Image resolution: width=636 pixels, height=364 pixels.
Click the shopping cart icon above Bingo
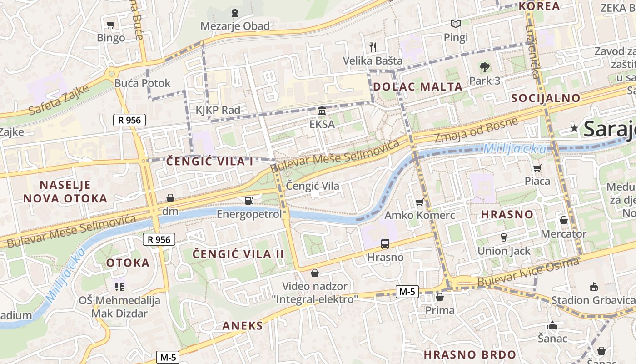click(110, 25)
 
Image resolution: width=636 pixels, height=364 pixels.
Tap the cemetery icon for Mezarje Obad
click(234, 13)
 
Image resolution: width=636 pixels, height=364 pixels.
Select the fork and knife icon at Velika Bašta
click(373, 46)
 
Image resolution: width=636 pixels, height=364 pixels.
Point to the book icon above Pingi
click(456, 24)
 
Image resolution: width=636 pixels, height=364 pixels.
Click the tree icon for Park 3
click(485, 67)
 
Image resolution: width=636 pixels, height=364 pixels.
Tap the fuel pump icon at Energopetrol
click(249, 200)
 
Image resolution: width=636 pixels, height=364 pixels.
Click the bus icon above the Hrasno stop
click(385, 244)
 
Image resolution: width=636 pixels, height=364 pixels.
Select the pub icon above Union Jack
click(503, 237)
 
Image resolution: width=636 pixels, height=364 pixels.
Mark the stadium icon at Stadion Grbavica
click(593, 287)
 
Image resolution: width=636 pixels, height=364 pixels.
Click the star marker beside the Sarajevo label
click(575, 129)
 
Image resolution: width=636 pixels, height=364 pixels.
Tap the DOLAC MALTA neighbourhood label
click(417, 87)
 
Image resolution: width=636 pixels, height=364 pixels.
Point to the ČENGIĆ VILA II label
click(238, 254)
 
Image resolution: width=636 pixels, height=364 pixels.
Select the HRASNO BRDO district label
click(470, 354)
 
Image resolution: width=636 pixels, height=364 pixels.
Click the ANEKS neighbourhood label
click(242, 326)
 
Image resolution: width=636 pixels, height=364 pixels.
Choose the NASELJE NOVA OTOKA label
click(65, 192)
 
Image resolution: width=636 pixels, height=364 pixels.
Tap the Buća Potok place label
click(142, 83)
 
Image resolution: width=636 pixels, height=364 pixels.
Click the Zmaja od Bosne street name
click(476, 130)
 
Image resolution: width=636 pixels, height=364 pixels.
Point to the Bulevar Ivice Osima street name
click(528, 273)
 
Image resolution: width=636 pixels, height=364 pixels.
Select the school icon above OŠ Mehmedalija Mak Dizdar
click(119, 287)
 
